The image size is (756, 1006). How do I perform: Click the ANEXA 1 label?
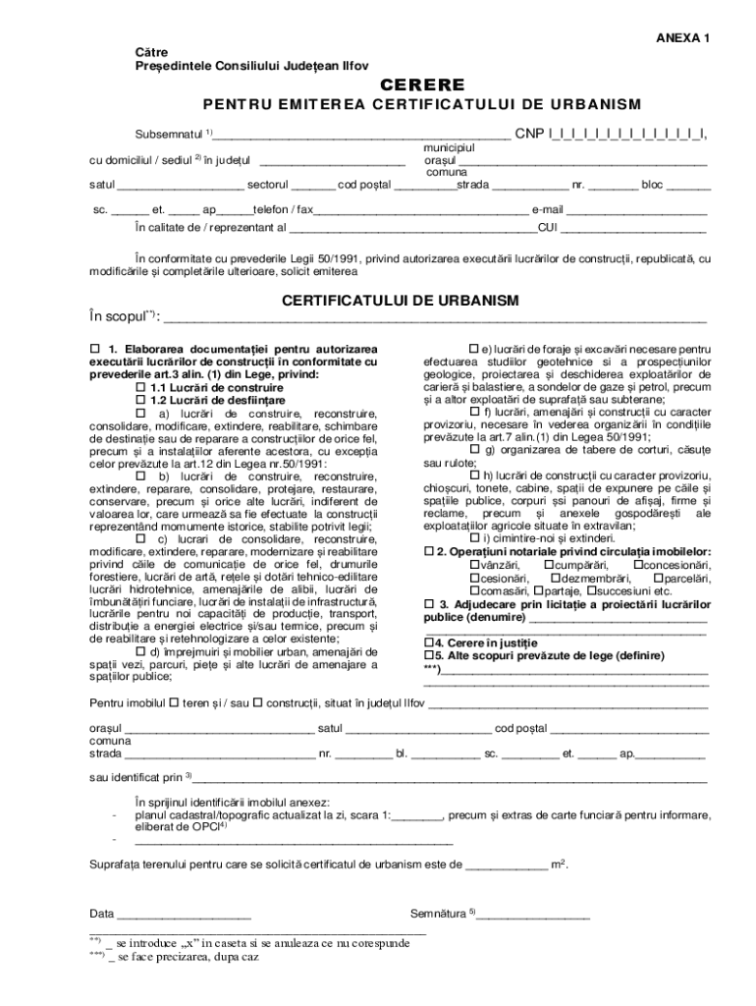[x=680, y=37]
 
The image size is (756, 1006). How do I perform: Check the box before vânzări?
[x=475, y=565]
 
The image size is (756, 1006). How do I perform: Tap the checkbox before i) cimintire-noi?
[x=475, y=537]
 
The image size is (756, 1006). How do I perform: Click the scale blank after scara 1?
[x=416, y=814]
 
